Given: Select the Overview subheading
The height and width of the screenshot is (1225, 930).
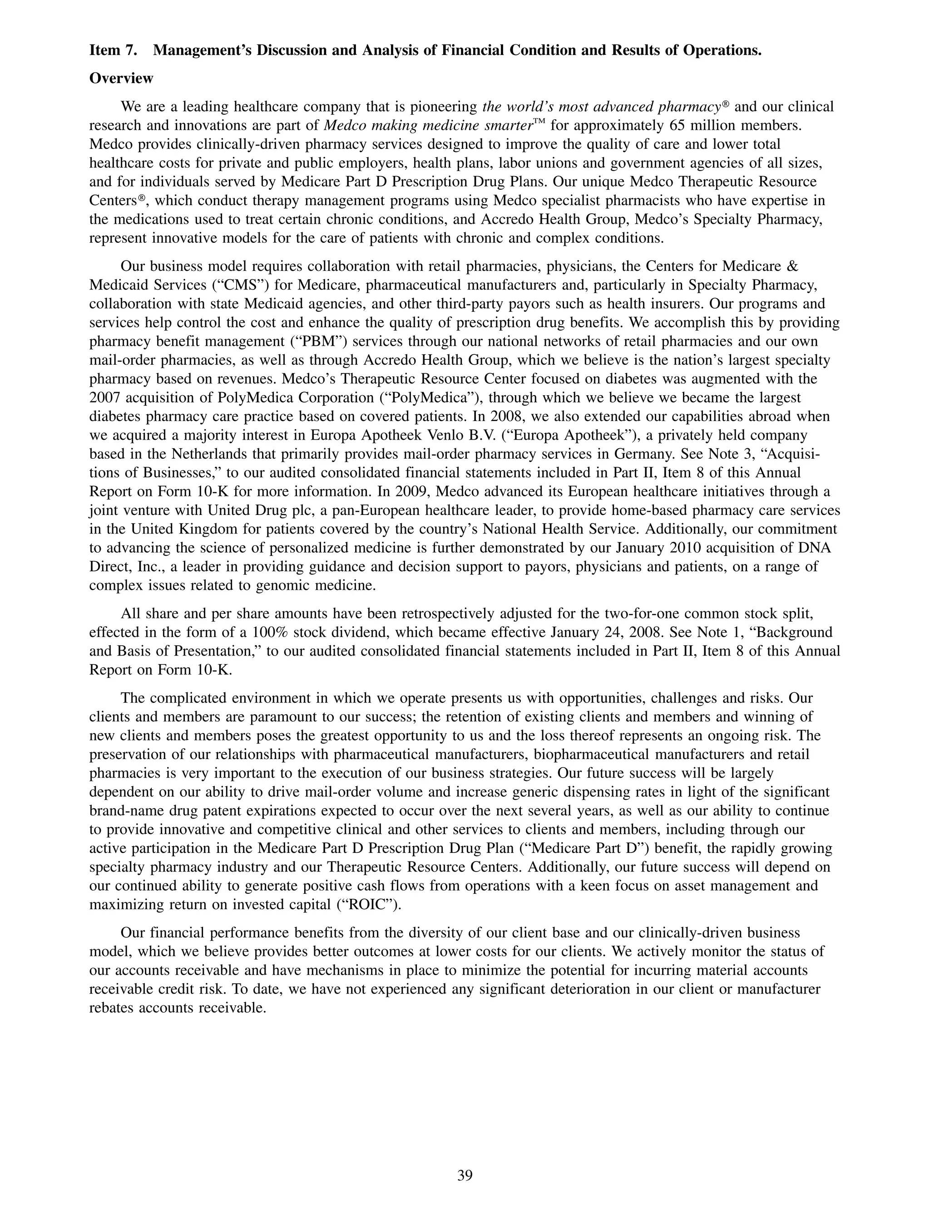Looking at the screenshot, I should point(121,78).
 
